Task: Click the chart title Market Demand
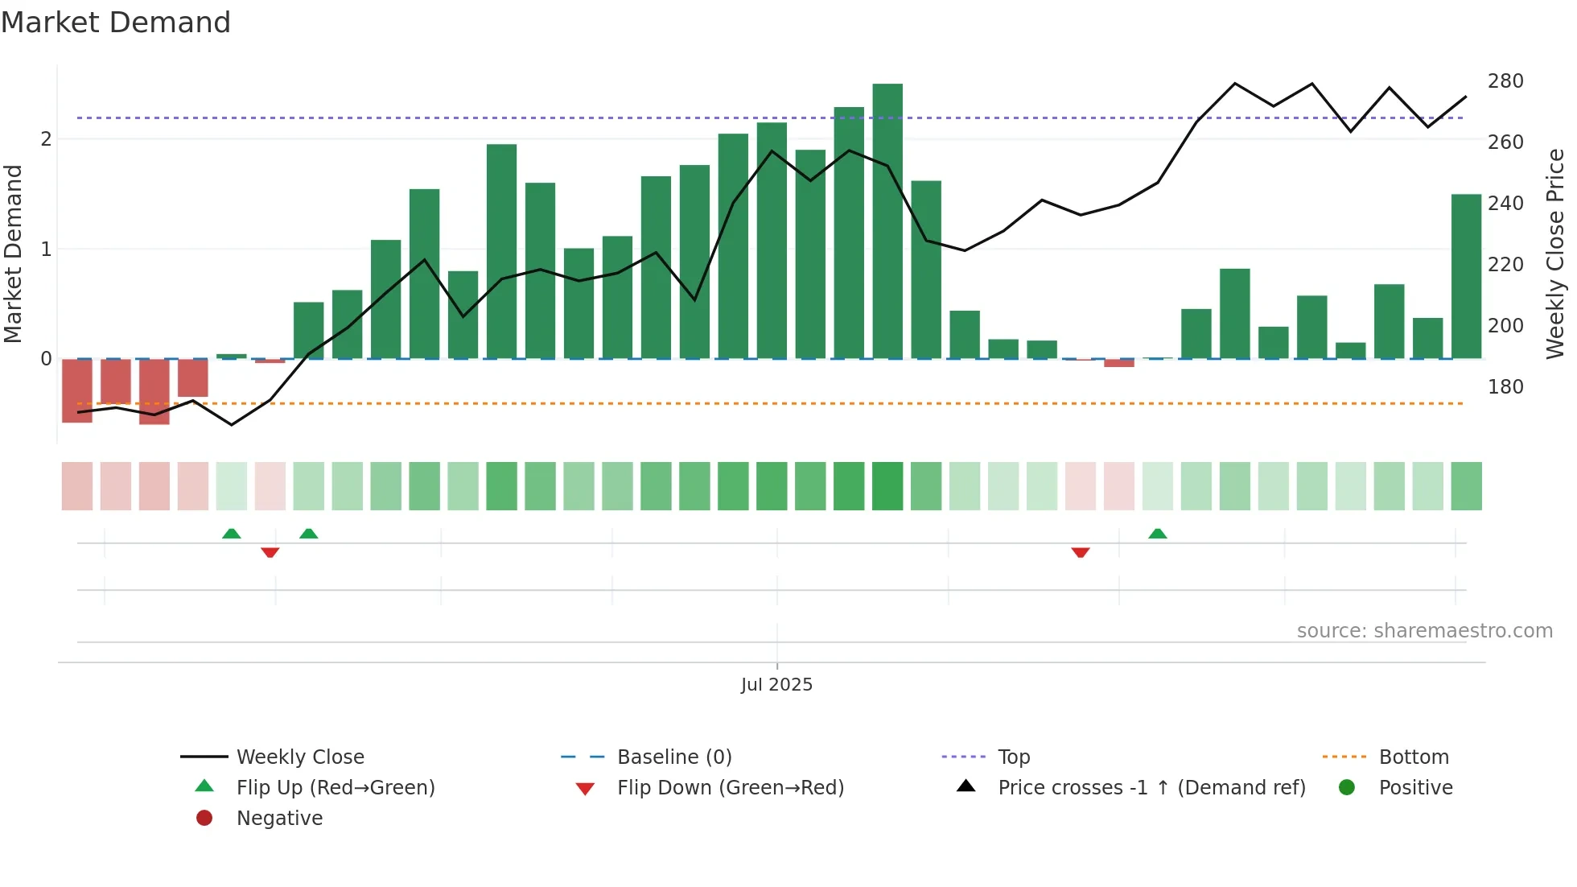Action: tap(116, 23)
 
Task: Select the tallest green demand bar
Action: tap(887, 221)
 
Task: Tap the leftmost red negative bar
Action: tap(77, 390)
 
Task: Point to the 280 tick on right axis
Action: tap(1505, 81)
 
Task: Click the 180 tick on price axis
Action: tap(1505, 387)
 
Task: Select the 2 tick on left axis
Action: tap(47, 139)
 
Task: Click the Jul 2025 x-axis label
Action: tap(776, 685)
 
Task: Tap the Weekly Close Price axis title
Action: tap(1555, 254)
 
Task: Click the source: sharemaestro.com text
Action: tap(1424, 631)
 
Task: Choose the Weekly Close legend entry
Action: tap(299, 757)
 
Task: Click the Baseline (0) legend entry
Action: tap(674, 757)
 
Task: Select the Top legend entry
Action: tap(1014, 757)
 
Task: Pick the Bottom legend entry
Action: tap(1414, 757)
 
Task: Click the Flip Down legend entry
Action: tap(730, 788)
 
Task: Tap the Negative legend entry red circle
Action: tap(204, 819)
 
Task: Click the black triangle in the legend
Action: tap(966, 786)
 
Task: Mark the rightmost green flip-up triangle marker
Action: tap(1158, 534)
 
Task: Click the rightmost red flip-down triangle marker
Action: tap(1081, 552)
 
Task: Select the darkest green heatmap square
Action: tap(887, 486)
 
